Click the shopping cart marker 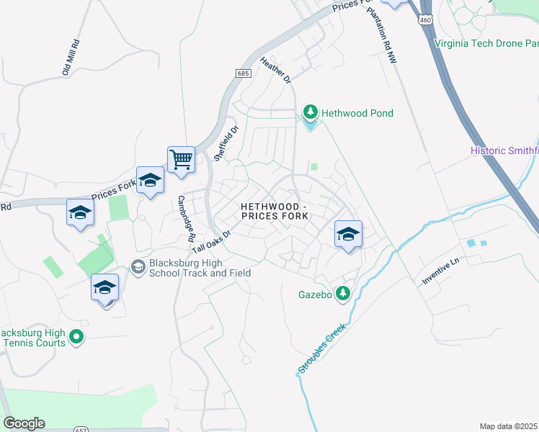pyautogui.click(x=182, y=159)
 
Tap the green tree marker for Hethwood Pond pyautogui.click(x=311, y=112)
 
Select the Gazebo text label pyautogui.click(x=315, y=294)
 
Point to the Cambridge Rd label pyautogui.click(x=186, y=217)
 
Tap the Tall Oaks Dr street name pyautogui.click(x=210, y=242)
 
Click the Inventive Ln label pyautogui.click(x=440, y=272)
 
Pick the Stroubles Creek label pyautogui.click(x=322, y=348)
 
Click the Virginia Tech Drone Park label pyautogui.click(x=486, y=42)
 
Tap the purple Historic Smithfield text pyautogui.click(x=504, y=150)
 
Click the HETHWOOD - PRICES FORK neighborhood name pyautogui.click(x=273, y=211)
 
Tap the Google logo pyautogui.click(x=24, y=423)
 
